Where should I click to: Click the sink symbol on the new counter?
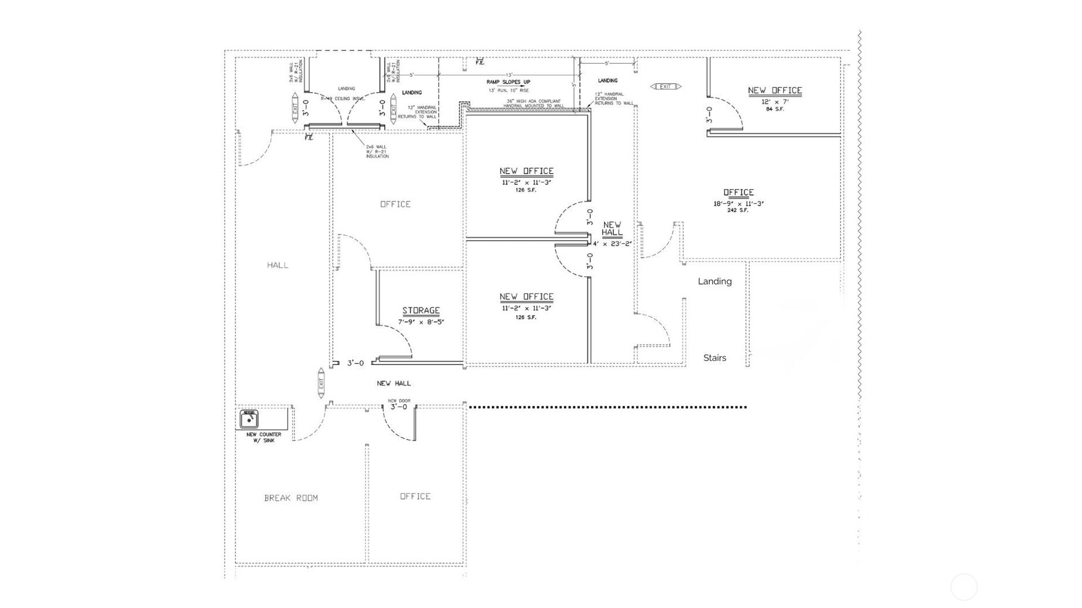(x=249, y=419)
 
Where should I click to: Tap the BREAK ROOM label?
(x=291, y=498)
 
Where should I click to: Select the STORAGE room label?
(x=421, y=310)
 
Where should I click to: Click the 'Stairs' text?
(x=715, y=358)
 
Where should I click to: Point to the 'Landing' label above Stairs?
(x=715, y=281)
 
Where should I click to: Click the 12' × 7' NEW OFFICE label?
(x=774, y=90)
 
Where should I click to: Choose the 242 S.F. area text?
(x=738, y=210)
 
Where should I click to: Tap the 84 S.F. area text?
(x=774, y=109)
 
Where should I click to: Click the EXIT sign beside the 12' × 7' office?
(x=665, y=87)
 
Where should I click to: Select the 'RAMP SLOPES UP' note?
(x=508, y=82)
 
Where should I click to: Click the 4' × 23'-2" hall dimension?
(x=612, y=244)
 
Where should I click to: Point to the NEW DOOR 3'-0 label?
(x=399, y=405)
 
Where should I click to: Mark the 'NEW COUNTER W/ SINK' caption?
(x=264, y=438)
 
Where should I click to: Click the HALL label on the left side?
(x=278, y=265)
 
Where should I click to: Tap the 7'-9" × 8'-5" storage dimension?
(x=421, y=322)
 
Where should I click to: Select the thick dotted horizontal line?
(x=607, y=407)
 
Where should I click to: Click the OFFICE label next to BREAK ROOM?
(x=415, y=496)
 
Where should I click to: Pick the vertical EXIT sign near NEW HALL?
(x=321, y=384)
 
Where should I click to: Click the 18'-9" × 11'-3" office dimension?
(x=738, y=204)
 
